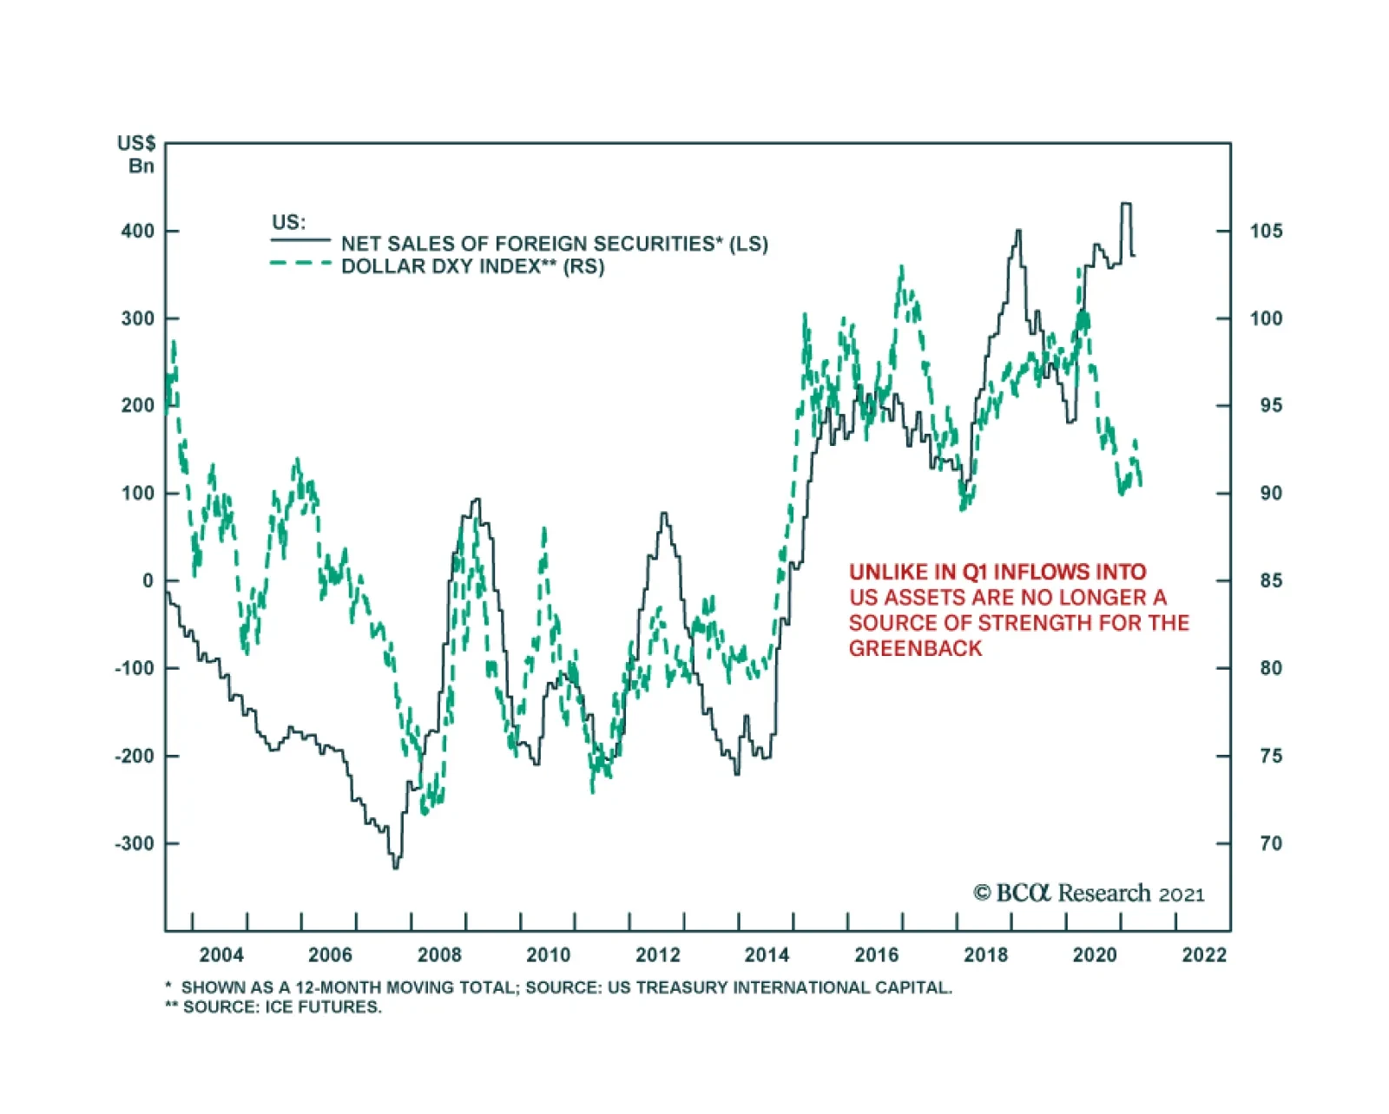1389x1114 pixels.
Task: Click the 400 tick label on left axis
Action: (x=137, y=232)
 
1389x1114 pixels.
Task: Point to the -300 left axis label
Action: (x=134, y=843)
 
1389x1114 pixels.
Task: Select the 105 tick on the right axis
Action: (x=1266, y=232)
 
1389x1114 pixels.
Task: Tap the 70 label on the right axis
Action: (x=1270, y=843)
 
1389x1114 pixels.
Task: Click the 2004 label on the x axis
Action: (x=221, y=955)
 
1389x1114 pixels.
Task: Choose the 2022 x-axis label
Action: (x=1204, y=955)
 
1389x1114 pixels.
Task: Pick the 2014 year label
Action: (x=767, y=955)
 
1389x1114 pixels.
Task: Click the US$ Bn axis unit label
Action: (x=137, y=154)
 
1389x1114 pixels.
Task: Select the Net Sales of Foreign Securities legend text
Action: (x=554, y=244)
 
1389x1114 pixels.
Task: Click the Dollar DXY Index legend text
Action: (x=472, y=266)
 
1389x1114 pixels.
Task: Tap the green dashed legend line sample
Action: (x=300, y=263)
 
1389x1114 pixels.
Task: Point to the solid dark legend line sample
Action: (x=300, y=240)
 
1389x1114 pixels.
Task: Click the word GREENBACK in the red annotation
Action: (x=915, y=649)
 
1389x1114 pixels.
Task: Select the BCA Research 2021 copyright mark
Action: (x=1089, y=894)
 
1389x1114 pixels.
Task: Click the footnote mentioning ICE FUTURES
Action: (x=273, y=1007)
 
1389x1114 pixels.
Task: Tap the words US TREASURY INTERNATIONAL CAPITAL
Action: (x=779, y=987)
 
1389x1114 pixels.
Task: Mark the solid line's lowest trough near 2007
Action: (x=395, y=867)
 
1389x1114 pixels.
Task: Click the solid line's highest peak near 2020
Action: (x=1126, y=204)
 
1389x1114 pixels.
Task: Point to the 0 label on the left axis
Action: (x=148, y=580)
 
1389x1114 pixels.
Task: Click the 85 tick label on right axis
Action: (x=1270, y=580)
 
